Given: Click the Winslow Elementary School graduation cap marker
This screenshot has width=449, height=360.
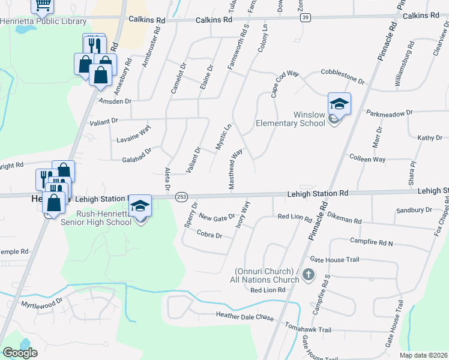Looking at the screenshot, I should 339,104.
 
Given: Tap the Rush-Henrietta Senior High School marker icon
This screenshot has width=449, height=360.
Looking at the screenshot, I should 140,206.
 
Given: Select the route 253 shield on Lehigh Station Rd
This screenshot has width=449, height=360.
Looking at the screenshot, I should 180,197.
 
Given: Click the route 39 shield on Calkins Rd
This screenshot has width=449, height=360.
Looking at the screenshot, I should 306,18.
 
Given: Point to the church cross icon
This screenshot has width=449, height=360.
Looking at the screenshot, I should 308,275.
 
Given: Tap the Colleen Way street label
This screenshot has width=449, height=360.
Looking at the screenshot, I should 367,158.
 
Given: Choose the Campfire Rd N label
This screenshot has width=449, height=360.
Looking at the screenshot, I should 371,242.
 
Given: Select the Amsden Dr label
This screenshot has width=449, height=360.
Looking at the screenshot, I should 115,101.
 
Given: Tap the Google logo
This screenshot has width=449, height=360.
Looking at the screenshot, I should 20,353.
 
